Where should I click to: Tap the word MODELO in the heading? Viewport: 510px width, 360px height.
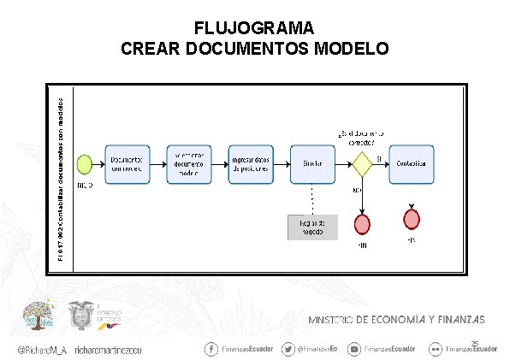[x=347, y=47]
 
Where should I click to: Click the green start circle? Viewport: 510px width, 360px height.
[x=85, y=162]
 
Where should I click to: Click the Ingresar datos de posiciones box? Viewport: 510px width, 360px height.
[x=251, y=162]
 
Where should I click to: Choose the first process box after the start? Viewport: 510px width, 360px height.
[x=128, y=162]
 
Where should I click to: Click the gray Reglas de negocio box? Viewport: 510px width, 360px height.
[x=312, y=226]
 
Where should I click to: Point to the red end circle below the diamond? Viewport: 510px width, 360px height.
[x=363, y=224]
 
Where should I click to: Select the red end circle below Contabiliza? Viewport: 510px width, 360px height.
[x=412, y=218]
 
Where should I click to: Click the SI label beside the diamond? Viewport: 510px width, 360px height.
[x=379, y=156]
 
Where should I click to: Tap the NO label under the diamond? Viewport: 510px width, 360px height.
[x=356, y=189]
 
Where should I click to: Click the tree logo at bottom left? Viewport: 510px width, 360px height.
[x=37, y=317]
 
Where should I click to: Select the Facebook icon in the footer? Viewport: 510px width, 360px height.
[x=211, y=349]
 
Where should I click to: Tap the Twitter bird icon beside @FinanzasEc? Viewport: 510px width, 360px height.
[x=288, y=349]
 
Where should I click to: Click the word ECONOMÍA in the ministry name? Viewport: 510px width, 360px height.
[x=394, y=320]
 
